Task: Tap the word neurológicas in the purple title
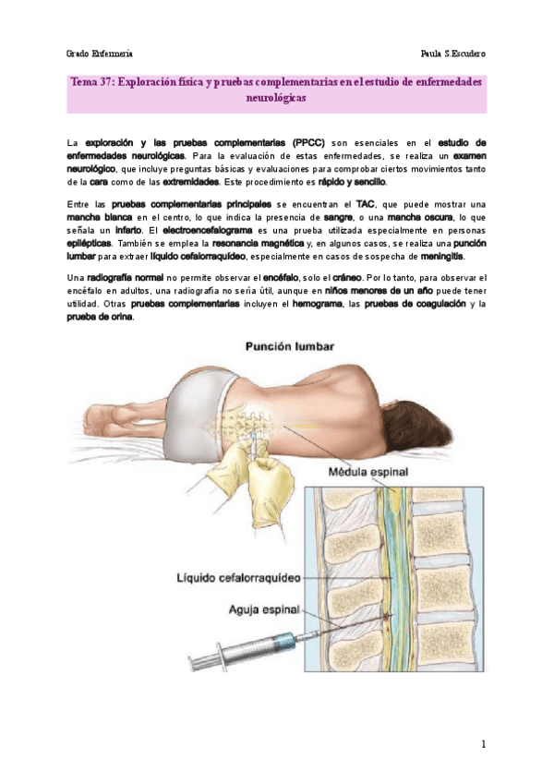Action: (276, 97)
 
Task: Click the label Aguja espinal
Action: (256, 609)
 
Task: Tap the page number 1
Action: (482, 743)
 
